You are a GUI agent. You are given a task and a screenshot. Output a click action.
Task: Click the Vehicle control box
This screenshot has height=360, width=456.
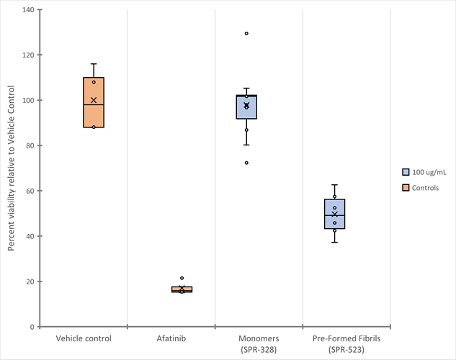click(94, 102)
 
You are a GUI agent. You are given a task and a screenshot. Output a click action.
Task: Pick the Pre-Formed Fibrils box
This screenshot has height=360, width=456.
click(334, 214)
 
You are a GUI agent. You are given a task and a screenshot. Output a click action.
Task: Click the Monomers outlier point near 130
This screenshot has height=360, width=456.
click(246, 33)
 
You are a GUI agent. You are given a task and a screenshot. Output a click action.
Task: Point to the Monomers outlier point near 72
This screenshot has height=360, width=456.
click(246, 163)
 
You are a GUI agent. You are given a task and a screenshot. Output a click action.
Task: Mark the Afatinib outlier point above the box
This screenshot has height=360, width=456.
click(182, 278)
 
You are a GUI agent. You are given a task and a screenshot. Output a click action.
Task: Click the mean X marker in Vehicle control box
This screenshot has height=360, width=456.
click(94, 100)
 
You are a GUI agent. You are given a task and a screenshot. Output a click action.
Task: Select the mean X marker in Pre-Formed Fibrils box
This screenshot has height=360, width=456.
click(334, 215)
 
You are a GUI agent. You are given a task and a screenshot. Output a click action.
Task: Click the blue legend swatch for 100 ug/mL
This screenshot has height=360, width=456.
click(406, 172)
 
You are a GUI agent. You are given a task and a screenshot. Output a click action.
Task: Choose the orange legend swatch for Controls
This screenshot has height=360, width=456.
click(406, 187)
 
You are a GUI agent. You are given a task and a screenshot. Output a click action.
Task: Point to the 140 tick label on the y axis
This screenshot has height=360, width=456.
click(29, 10)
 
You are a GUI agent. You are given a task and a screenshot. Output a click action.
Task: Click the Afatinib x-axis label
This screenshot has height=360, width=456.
click(171, 338)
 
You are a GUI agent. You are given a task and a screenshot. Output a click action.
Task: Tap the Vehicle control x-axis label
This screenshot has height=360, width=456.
click(84, 338)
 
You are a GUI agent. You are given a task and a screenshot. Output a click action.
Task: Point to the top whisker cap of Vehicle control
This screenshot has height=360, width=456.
click(94, 64)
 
